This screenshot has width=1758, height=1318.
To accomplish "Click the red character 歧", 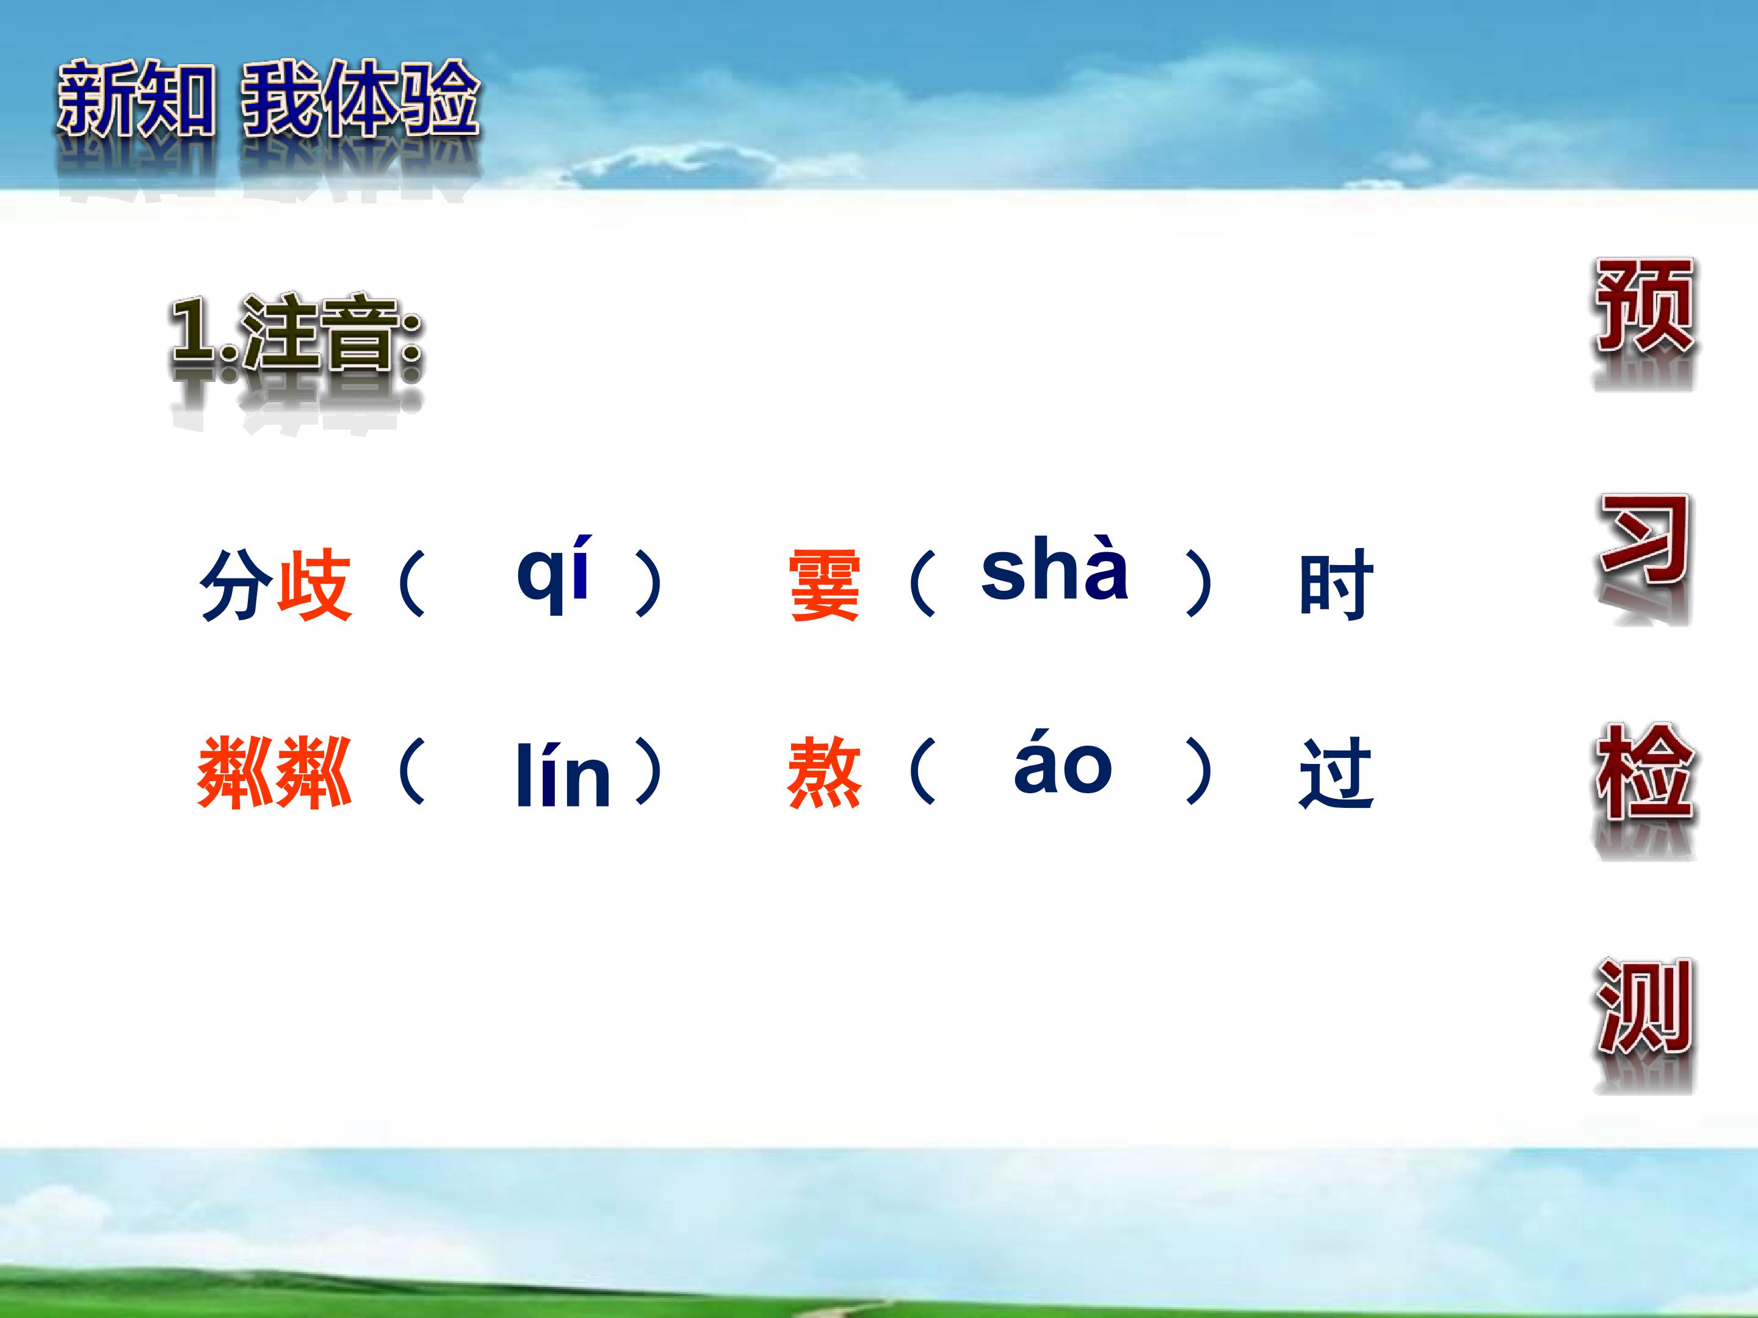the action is pos(314,584).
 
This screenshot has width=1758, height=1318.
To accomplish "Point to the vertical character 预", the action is pos(1644,306).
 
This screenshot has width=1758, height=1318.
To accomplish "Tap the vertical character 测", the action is pos(1644,1006).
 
